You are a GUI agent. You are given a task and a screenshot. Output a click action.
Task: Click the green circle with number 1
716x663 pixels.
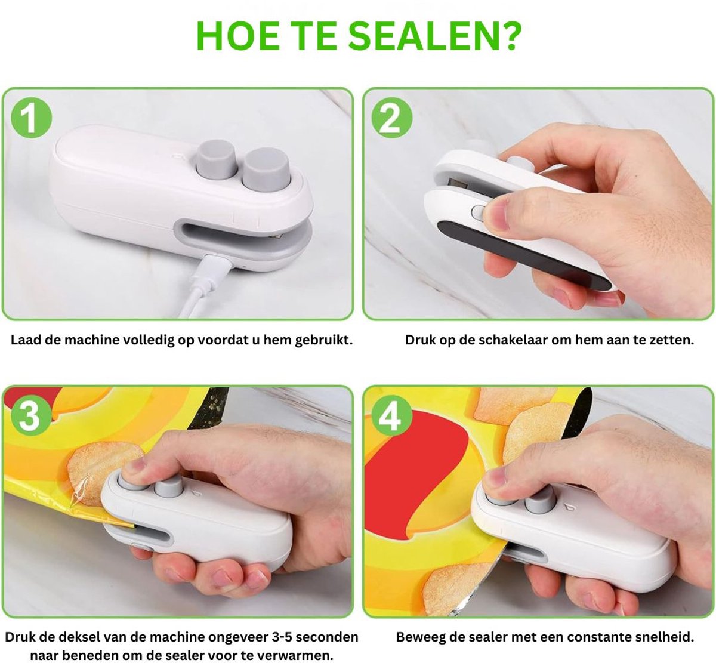[x=32, y=118]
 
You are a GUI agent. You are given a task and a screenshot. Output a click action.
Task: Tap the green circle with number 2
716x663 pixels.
[x=392, y=118]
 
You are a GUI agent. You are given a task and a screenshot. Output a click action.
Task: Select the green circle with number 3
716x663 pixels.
[x=32, y=415]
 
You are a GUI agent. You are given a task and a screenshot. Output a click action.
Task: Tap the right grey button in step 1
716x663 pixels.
[x=266, y=168]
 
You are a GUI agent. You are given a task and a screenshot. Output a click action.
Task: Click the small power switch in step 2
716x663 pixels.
[x=479, y=213]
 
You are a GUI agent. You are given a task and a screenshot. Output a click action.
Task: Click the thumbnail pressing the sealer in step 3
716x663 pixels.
[x=134, y=466]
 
